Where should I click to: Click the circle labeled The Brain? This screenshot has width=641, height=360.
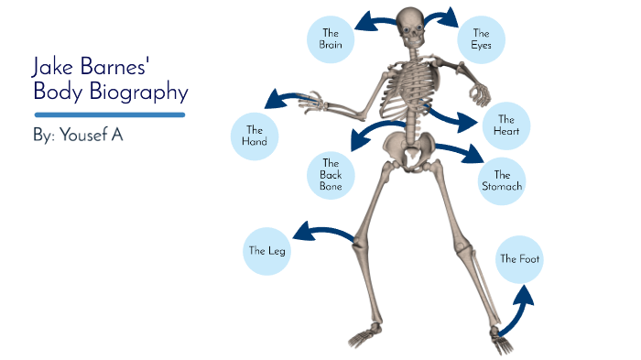coord(330,38)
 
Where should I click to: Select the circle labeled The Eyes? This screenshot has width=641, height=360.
coord(481,39)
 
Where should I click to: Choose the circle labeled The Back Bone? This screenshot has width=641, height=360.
coord(331,174)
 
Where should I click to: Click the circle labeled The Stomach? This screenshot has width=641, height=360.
coord(502,180)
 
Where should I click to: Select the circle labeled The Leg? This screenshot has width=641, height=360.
coord(267,250)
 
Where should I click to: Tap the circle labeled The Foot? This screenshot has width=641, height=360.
coord(519,259)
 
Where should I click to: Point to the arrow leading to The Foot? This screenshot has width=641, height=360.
coord(515,311)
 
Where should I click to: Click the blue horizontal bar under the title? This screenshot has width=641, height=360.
coord(110,115)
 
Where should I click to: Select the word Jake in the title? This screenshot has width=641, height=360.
coord(54,67)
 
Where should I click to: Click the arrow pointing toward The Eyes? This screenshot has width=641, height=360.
coord(443,16)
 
